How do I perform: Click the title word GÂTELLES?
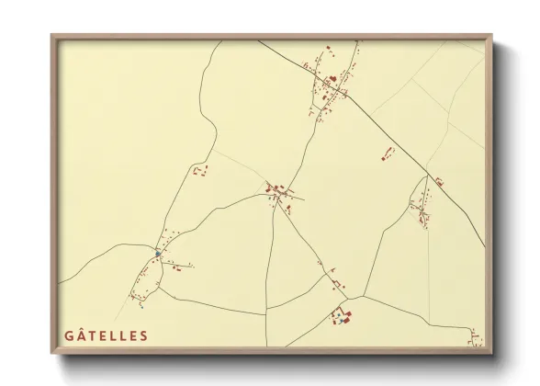tap(106, 335)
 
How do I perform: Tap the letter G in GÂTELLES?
tap(69, 335)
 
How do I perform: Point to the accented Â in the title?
tap(81, 335)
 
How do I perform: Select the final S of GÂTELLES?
tap(143, 335)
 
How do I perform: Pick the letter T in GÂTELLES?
tap(92, 335)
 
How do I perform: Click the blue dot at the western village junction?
tap(158, 253)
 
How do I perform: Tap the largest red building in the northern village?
tap(332, 79)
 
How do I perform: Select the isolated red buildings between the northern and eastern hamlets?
tap(388, 153)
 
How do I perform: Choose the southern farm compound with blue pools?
tap(343, 318)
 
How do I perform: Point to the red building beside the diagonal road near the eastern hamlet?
tap(439, 182)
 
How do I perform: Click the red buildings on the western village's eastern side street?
tap(174, 267)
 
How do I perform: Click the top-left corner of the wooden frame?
tap(51, 36)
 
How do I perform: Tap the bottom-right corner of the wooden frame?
tap(491, 354)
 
